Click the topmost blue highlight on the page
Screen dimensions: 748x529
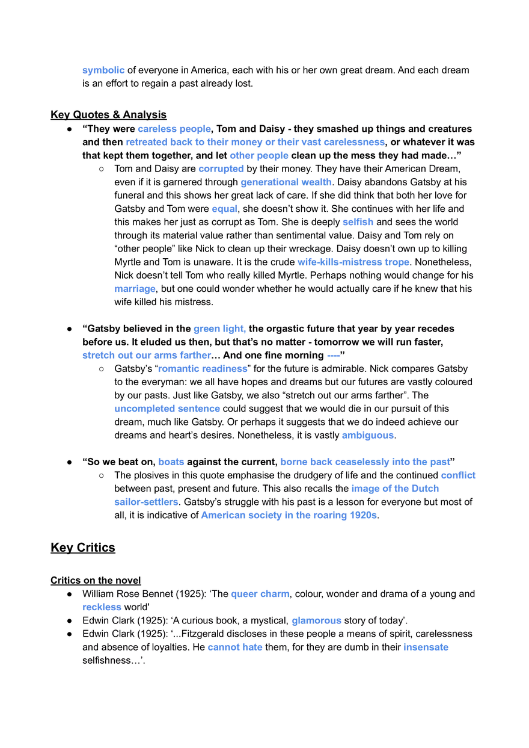[x=102, y=71]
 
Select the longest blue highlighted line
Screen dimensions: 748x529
[x=255, y=143]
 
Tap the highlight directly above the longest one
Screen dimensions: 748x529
[x=174, y=129]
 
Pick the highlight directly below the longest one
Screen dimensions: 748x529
[x=259, y=156]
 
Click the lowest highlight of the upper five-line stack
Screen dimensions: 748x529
[x=286, y=182]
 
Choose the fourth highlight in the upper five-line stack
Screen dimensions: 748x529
[x=221, y=170]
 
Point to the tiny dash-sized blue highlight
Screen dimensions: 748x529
[x=334, y=356]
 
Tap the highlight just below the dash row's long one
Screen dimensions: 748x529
[x=202, y=370]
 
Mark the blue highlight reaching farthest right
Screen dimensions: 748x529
[x=460, y=476]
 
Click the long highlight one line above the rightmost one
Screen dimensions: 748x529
[x=365, y=462]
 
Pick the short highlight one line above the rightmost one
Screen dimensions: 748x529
[x=172, y=462]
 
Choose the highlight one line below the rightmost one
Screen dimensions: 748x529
[x=396, y=489]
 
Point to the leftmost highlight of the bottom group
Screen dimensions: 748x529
[x=103, y=608]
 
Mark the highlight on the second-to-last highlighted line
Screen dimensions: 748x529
[x=316, y=621]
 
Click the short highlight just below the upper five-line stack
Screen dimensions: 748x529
[x=225, y=210]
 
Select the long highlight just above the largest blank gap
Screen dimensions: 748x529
[x=289, y=516]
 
